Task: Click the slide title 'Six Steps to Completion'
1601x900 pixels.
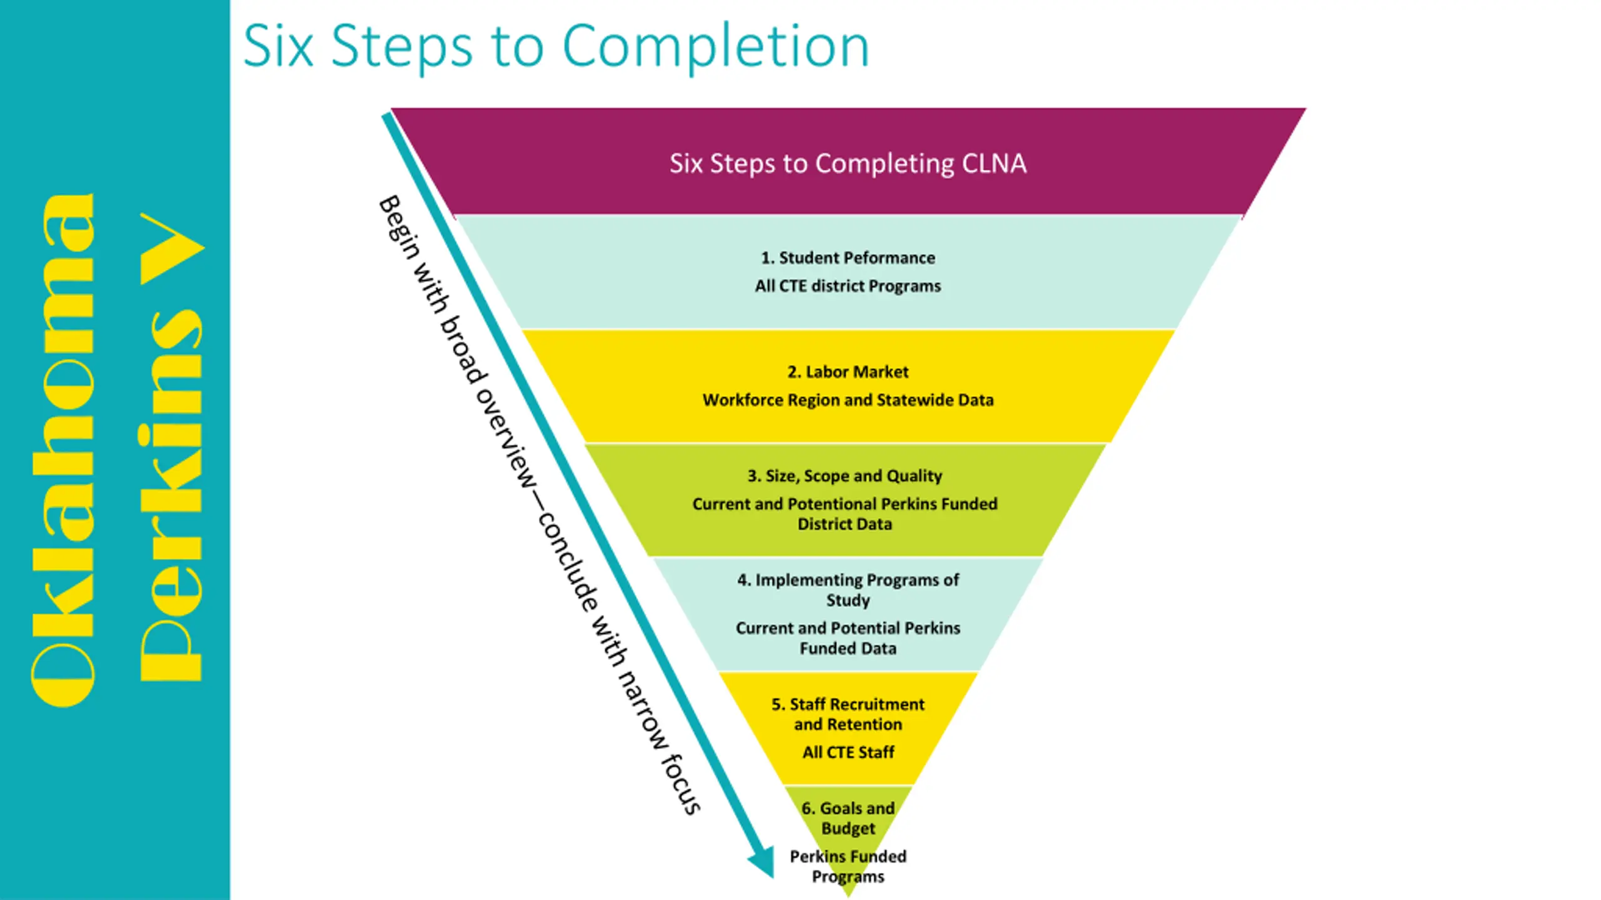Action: point(556,46)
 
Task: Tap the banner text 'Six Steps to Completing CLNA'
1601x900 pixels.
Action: point(848,164)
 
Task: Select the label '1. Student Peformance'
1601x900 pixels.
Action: point(848,257)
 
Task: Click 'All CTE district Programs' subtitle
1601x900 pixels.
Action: point(848,286)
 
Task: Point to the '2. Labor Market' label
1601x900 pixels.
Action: point(848,372)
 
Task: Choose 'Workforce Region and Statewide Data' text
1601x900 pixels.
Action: point(848,400)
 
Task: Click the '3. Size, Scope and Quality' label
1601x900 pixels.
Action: point(845,476)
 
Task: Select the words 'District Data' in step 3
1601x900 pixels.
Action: point(845,524)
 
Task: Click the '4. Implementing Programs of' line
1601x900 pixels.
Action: point(848,580)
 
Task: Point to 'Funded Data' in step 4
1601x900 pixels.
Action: point(848,648)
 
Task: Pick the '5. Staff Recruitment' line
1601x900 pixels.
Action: point(848,704)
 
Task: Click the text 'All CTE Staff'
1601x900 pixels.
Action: point(848,752)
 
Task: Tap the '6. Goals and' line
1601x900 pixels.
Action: point(848,808)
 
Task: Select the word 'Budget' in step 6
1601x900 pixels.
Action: point(848,829)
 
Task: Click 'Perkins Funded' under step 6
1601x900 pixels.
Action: point(848,856)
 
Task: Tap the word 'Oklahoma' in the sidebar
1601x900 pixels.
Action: point(63,450)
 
